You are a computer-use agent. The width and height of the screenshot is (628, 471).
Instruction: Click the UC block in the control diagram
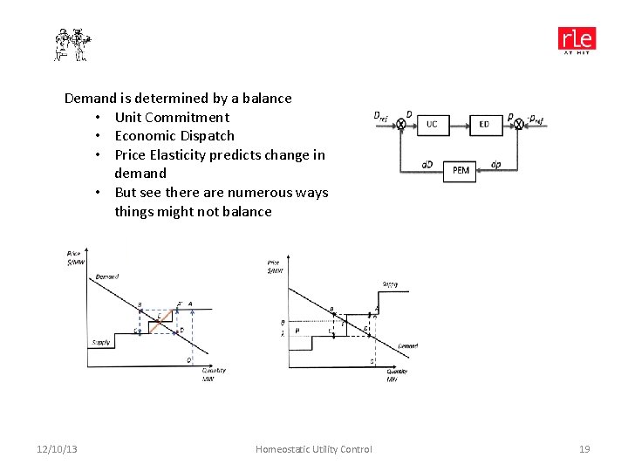coord(432,125)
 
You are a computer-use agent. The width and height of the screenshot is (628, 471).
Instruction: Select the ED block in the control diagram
coord(484,125)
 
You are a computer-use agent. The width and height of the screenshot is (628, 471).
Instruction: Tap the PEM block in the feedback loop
coord(461,170)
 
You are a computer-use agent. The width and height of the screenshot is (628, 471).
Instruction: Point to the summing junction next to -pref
coord(519,125)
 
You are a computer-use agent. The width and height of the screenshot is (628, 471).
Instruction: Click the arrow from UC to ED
coord(457,125)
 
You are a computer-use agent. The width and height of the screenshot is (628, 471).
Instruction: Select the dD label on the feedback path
coord(427,164)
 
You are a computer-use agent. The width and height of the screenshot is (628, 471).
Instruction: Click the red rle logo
coord(577,40)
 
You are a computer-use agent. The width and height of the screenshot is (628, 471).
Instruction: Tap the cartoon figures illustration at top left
coord(72,44)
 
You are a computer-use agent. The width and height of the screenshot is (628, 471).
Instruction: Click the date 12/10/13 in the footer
coord(57,449)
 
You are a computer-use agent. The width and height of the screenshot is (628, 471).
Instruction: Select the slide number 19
coord(584,449)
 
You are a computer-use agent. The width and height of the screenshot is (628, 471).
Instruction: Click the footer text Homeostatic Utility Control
coord(313,449)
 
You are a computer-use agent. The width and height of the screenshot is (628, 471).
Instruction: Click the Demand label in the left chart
coord(107,276)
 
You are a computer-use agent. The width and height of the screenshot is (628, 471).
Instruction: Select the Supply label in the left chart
coord(101,342)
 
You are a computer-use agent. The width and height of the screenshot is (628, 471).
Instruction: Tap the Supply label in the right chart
coord(390,284)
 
